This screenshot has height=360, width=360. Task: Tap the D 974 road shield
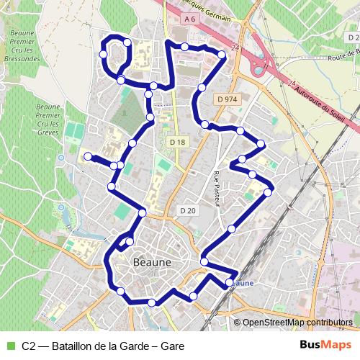pyautogui.click(x=225, y=99)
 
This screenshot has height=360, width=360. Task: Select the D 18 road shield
pyautogui.click(x=178, y=143)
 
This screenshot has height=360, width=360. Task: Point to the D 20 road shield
pyautogui.click(x=187, y=210)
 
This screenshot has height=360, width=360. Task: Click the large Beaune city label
pyautogui.click(x=153, y=263)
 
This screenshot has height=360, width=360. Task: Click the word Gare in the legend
pyautogui.click(x=172, y=346)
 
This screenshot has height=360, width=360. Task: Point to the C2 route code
pyautogui.click(x=29, y=346)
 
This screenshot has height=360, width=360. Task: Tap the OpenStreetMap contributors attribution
pyautogui.click(x=297, y=323)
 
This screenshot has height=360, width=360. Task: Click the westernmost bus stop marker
pyautogui.click(x=87, y=156)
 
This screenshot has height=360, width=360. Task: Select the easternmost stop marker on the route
pyautogui.click(x=269, y=192)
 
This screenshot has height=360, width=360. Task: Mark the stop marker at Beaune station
pyautogui.click(x=230, y=282)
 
